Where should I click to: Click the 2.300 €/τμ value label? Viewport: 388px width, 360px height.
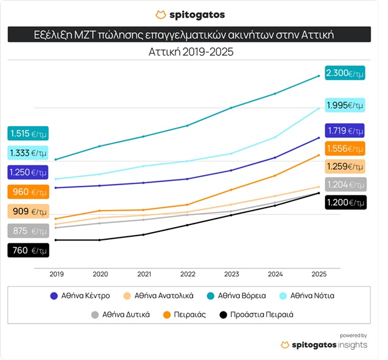coord(345,73)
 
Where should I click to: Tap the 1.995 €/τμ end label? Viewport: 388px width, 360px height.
coord(345,106)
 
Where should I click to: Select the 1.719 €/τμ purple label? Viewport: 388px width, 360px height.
coord(345,131)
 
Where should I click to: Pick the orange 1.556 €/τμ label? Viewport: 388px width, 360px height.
coord(345,148)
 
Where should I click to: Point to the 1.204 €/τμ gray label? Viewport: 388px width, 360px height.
coord(345,185)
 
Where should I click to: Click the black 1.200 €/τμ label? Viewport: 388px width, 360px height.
coord(345,202)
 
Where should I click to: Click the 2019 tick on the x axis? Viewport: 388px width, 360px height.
coord(56,274)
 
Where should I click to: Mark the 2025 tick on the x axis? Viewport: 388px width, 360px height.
coord(318,274)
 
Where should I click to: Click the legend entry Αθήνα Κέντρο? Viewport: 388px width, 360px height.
coord(80,296)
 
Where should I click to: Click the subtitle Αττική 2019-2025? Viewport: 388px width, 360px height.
coord(191,52)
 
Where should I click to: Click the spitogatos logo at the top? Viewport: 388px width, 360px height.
coord(190,15)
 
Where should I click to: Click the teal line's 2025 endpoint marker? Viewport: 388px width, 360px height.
coord(319,76)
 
